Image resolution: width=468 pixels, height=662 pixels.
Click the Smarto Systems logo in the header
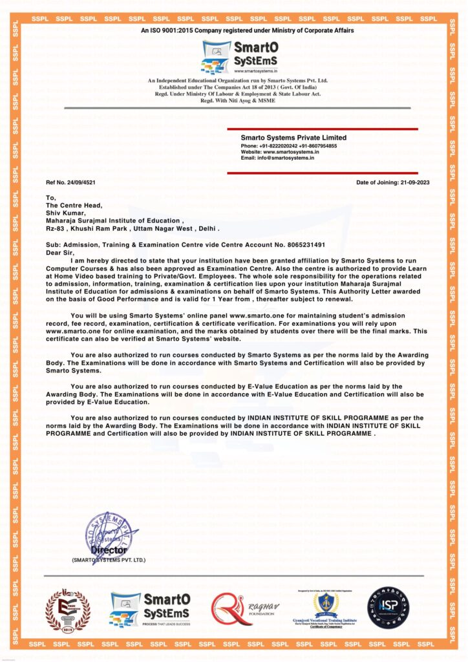[234, 57]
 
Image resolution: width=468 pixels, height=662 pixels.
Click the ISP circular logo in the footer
[388, 608]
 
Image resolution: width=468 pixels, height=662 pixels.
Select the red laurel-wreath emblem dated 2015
[67, 610]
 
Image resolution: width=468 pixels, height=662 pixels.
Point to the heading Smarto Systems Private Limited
[293, 138]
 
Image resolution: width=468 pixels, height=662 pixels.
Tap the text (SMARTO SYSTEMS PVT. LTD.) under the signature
[109, 560]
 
